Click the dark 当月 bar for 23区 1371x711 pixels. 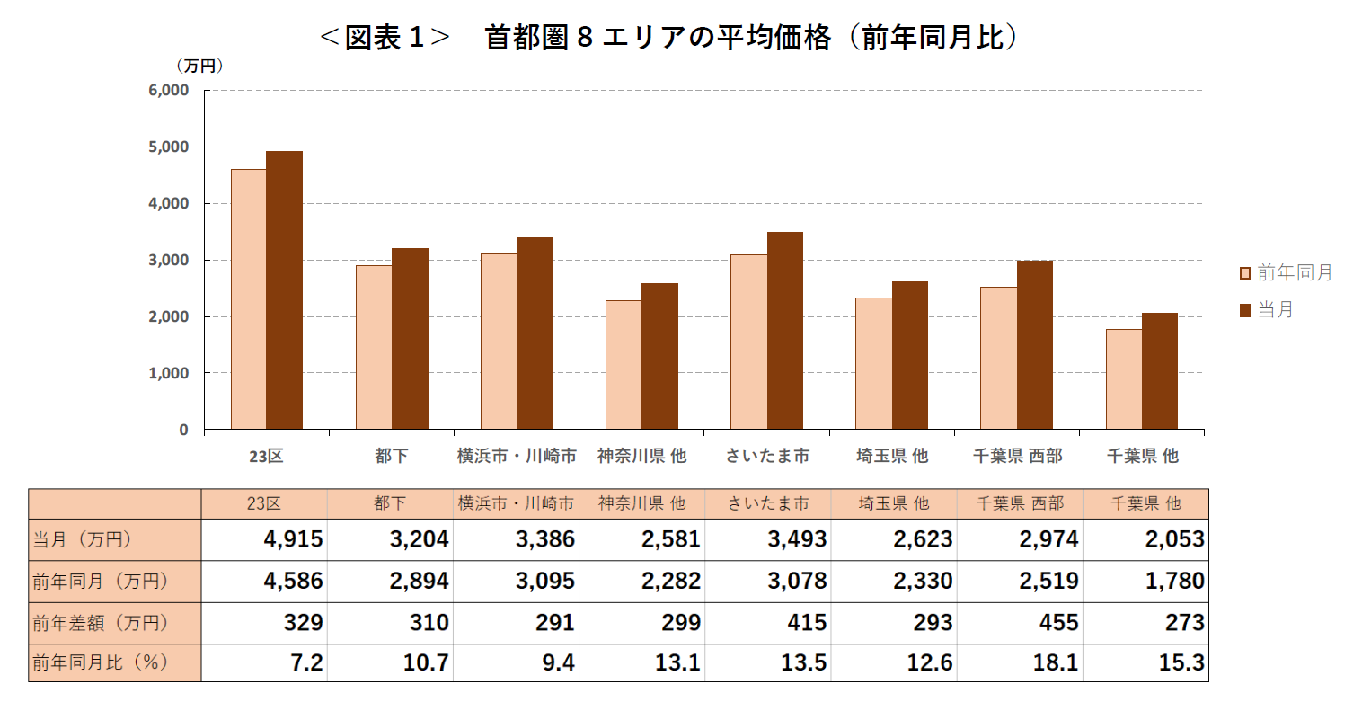pyautogui.click(x=284, y=289)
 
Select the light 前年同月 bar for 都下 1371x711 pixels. pyautogui.click(x=374, y=347)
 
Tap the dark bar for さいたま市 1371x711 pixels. pyautogui.click(x=784, y=330)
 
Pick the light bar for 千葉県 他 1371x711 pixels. pyautogui.click(x=1123, y=378)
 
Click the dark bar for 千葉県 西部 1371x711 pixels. pyautogui.click(x=1034, y=344)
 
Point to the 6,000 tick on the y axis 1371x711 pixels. pyautogui.click(x=169, y=91)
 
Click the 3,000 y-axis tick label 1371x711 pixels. pyautogui.click(x=169, y=261)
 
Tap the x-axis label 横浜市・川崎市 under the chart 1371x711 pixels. pyautogui.click(x=517, y=457)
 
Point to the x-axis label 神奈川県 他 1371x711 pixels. pyautogui.click(x=641, y=457)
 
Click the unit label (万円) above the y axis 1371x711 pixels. pyautogui.click(x=199, y=67)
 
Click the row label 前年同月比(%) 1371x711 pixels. pyautogui.click(x=101, y=663)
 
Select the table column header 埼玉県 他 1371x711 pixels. pyautogui.click(x=893, y=504)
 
